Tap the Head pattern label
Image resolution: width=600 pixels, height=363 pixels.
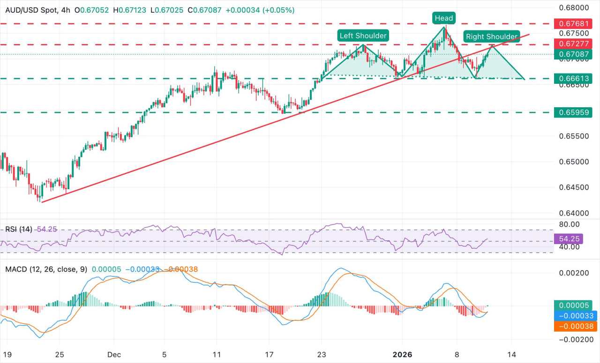tap(443, 18)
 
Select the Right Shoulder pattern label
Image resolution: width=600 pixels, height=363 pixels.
tap(491, 37)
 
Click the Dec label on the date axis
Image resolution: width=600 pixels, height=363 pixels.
tap(114, 355)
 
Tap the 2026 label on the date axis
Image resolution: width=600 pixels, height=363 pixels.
tap(402, 355)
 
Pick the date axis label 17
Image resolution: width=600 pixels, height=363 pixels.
tap(269, 355)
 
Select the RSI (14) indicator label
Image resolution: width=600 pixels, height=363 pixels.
tap(19, 229)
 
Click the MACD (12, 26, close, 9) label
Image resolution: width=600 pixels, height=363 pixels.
tap(46, 270)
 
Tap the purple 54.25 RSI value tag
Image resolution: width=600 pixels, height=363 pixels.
tap(568, 238)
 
